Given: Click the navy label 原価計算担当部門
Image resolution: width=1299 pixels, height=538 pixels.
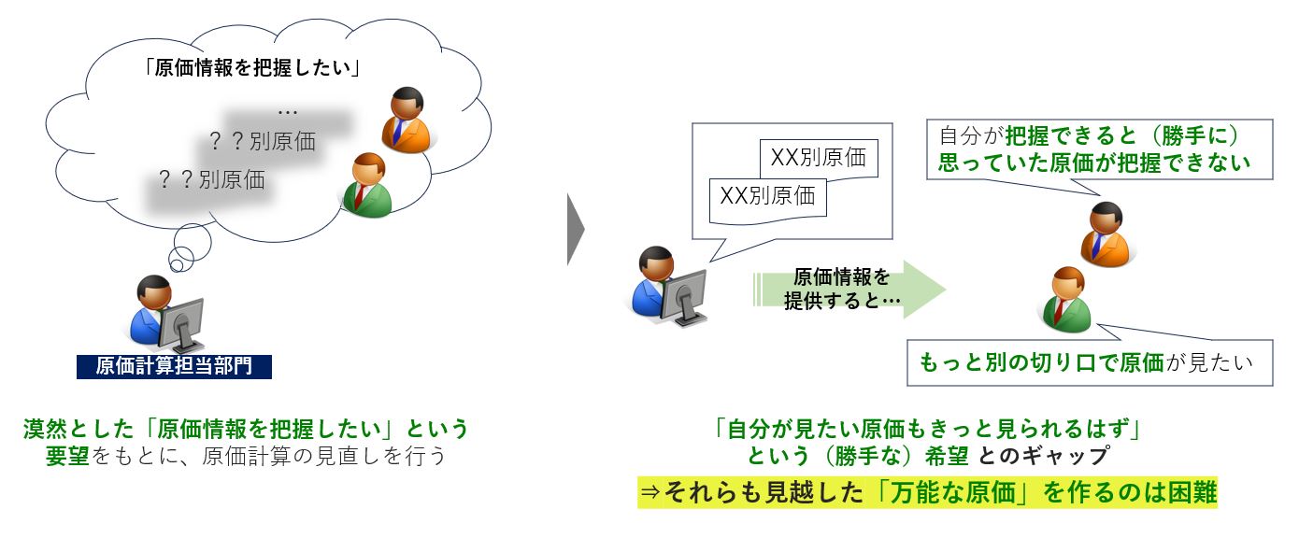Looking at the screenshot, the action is coord(174,366).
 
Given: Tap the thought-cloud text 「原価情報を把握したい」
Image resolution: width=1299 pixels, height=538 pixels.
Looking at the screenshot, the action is coord(253,68).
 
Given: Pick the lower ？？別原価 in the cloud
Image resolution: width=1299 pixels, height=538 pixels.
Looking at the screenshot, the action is coord(211,179).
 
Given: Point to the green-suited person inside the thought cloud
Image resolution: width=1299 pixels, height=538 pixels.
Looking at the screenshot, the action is coord(367,185).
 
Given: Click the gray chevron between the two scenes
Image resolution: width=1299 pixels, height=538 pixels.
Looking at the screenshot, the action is coord(576,230).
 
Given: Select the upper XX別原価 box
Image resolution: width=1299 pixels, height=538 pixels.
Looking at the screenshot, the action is coord(819,158).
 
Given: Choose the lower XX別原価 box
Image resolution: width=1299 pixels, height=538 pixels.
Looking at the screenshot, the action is coord(768,198).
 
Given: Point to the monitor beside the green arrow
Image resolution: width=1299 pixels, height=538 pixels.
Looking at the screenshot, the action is coord(685,297).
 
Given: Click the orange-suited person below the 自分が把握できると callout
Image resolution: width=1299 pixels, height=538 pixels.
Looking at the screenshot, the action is coord(1106,234).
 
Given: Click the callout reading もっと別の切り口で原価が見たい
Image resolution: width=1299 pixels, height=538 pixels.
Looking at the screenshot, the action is coord(1090,363).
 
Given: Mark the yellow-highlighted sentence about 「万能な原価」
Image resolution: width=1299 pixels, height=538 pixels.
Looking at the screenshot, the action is coord(927,492).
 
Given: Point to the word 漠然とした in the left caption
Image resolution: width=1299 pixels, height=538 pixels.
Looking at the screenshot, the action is coord(79,429).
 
